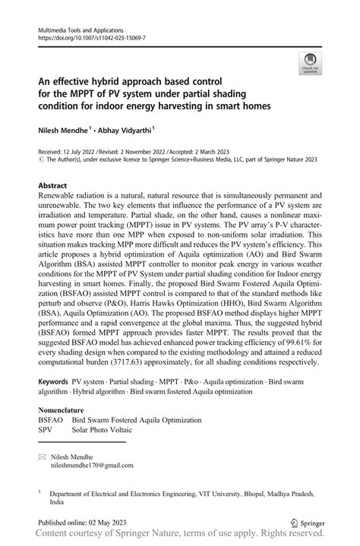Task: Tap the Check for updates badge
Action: click(x=309, y=64)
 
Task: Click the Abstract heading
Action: click(x=54, y=185)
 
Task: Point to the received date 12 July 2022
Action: click(x=83, y=152)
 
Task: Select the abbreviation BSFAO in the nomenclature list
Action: click(x=51, y=420)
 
